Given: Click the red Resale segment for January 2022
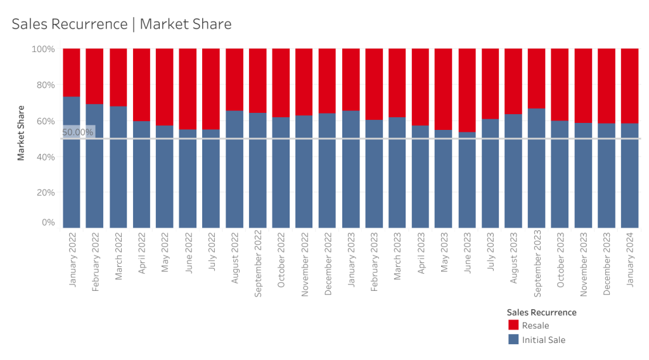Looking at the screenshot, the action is [x=71, y=72].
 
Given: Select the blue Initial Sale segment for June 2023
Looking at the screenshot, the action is [x=467, y=180].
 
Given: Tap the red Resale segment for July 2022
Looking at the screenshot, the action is [x=210, y=89].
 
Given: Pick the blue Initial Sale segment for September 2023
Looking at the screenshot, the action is [x=537, y=168].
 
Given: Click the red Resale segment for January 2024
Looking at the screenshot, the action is [x=629, y=86].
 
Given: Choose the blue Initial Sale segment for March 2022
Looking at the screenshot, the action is [x=118, y=167].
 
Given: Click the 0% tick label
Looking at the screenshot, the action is [x=48, y=222].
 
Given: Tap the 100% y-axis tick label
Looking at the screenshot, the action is [x=43, y=49].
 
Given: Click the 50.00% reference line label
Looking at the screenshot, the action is [x=78, y=132].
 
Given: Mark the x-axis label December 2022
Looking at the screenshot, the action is [x=328, y=264].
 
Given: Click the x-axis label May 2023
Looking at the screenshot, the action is [x=444, y=252].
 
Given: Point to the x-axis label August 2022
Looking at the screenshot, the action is [x=235, y=258].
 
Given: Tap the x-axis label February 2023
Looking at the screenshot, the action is [x=374, y=262].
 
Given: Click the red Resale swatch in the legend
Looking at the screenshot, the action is [x=513, y=325].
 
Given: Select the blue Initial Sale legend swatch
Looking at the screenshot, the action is [x=513, y=339].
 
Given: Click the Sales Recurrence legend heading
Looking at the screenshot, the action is [x=541, y=312].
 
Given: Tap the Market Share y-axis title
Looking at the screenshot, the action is [x=21, y=133].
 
